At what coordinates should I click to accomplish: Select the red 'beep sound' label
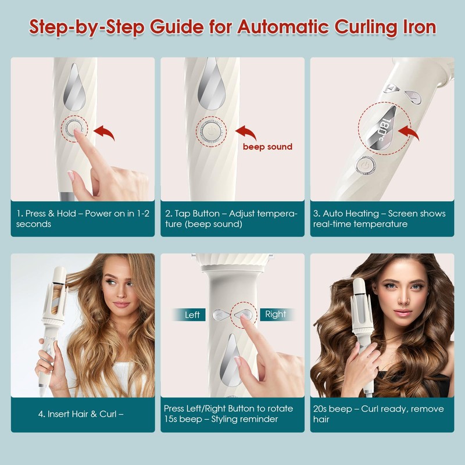[x=267, y=147]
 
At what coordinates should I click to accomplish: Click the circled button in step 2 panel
[x=209, y=128]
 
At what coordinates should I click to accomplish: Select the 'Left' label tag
[x=192, y=314]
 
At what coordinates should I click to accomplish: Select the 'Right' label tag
[x=276, y=314]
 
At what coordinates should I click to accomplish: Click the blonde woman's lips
[x=121, y=305]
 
